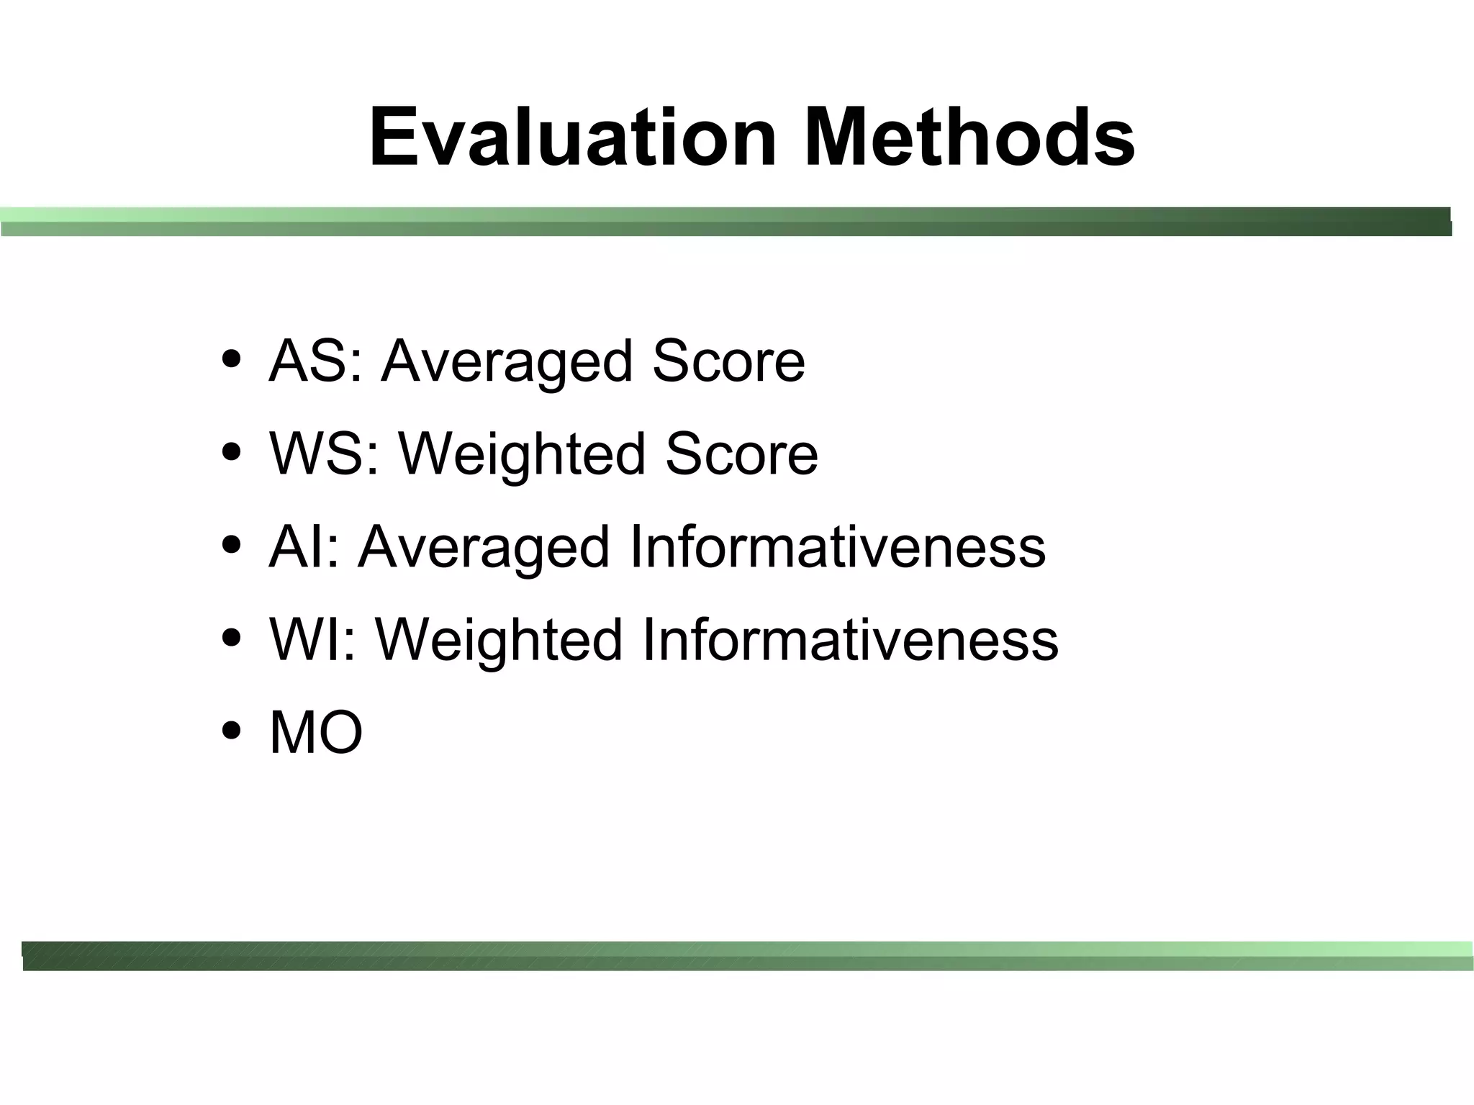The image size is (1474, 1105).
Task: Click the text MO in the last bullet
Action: pyautogui.click(x=315, y=733)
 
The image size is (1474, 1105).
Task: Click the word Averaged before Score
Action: pyautogui.click(x=507, y=362)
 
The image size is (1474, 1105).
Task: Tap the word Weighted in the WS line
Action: pyautogui.click(x=522, y=455)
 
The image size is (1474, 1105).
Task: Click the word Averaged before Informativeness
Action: pyautogui.click(x=484, y=549)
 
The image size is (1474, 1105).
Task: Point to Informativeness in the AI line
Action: pyautogui.click(x=837, y=547)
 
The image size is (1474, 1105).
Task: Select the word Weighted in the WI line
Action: pyautogui.click(x=499, y=641)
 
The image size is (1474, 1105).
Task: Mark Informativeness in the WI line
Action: pyautogui.click(x=850, y=639)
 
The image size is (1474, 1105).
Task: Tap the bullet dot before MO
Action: pyautogui.click(x=232, y=731)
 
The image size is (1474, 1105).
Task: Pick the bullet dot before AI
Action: pyautogui.click(x=232, y=545)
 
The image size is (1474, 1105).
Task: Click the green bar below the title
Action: pyautogui.click(x=725, y=222)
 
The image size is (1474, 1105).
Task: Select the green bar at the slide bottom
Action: pyautogui.click(x=747, y=956)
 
